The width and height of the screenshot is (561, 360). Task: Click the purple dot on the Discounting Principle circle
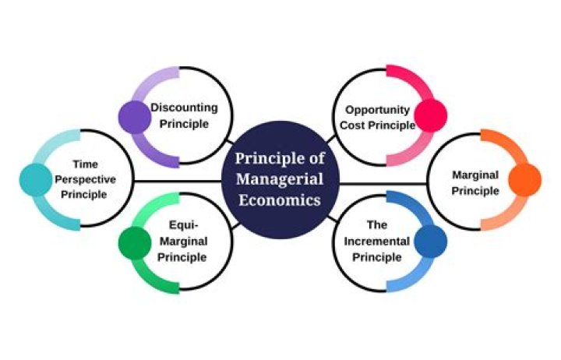pos(135,118)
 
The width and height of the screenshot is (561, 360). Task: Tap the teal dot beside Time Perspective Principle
pos(36,180)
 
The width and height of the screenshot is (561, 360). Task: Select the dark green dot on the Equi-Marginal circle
pos(135,243)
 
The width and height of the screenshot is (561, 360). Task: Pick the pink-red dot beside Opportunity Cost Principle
pos(431,116)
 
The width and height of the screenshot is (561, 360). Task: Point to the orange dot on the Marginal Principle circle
pos(525,180)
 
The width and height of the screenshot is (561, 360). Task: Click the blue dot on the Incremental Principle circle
pos(431,242)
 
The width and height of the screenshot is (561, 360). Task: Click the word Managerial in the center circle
pos(280,179)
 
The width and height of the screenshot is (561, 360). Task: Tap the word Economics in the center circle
pos(280,200)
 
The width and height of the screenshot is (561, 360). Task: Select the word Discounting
pos(184,108)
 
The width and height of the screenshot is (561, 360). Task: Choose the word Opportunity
pos(377,110)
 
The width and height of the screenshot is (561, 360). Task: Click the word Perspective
pos(85,180)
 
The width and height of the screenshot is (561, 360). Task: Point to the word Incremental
pos(377,242)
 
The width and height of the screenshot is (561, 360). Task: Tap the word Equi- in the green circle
pos(184,225)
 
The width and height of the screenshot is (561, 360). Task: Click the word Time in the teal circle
pos(85,164)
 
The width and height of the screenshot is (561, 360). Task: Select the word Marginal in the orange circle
pos(475,175)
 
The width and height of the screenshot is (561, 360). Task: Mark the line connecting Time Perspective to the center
pos(178,182)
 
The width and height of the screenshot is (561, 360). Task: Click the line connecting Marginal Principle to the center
pos(383,185)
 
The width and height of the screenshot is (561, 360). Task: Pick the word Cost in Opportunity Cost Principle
pos(352,125)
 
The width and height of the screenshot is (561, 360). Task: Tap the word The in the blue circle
pos(377,225)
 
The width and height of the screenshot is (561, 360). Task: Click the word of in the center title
pos(316,158)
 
